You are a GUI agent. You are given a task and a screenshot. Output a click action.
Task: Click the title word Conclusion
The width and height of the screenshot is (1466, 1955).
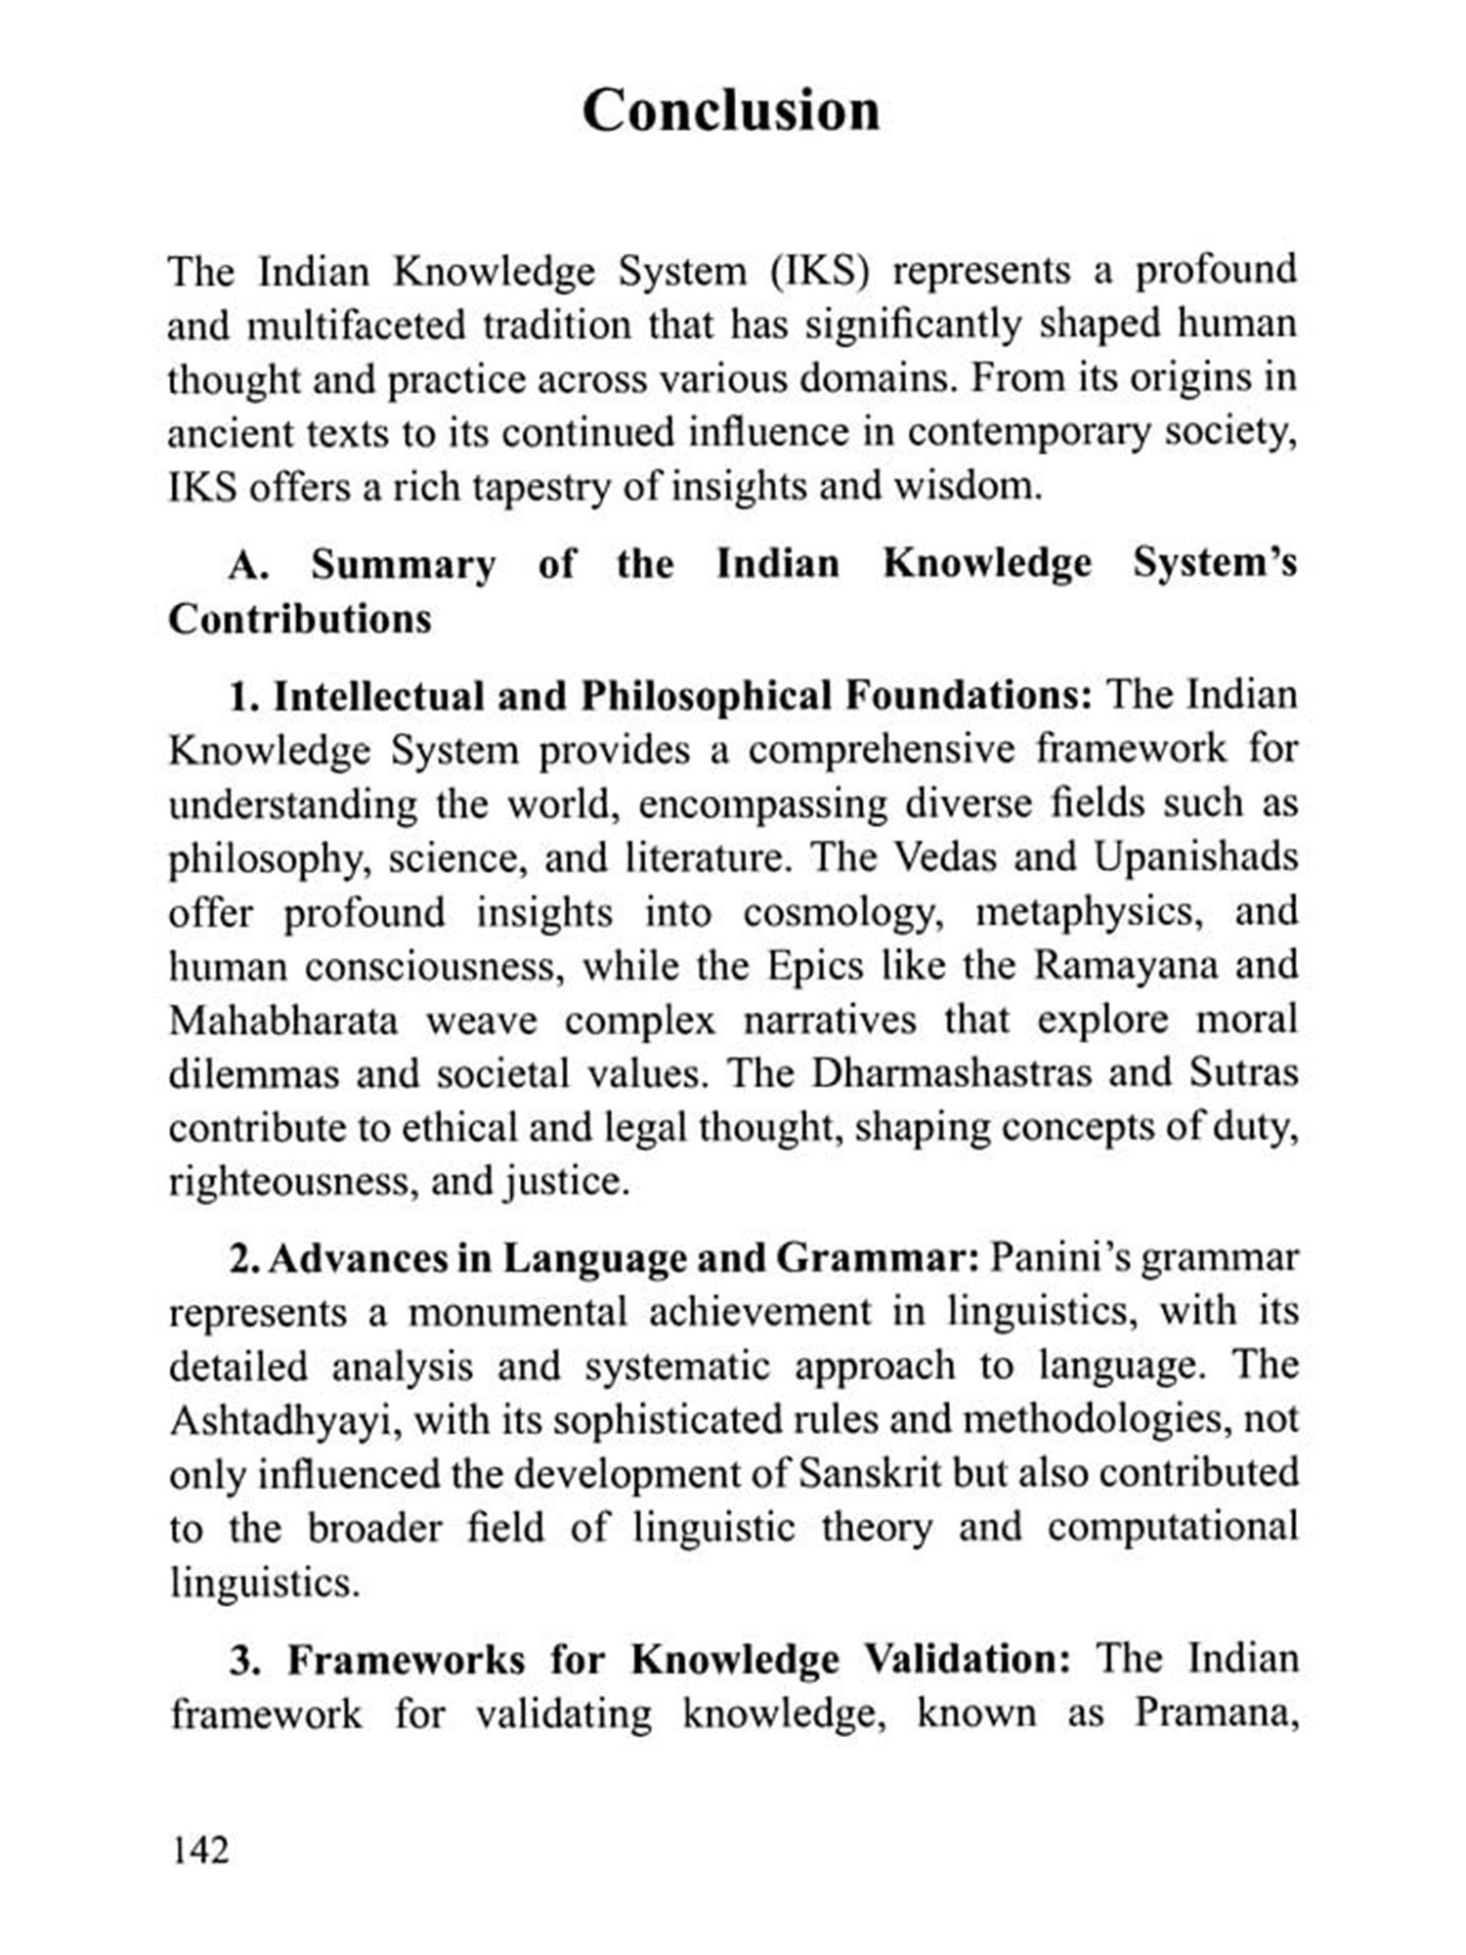731,109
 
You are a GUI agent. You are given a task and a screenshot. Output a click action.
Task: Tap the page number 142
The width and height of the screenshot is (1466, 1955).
200,1850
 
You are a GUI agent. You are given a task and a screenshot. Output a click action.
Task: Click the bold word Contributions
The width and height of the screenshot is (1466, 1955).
300,619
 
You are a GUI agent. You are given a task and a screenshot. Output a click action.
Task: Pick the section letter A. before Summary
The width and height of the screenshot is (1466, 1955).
248,565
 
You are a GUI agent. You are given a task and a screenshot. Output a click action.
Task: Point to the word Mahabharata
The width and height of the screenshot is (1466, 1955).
283,1021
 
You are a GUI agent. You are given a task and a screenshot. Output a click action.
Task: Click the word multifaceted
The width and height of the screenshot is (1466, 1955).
356,325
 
